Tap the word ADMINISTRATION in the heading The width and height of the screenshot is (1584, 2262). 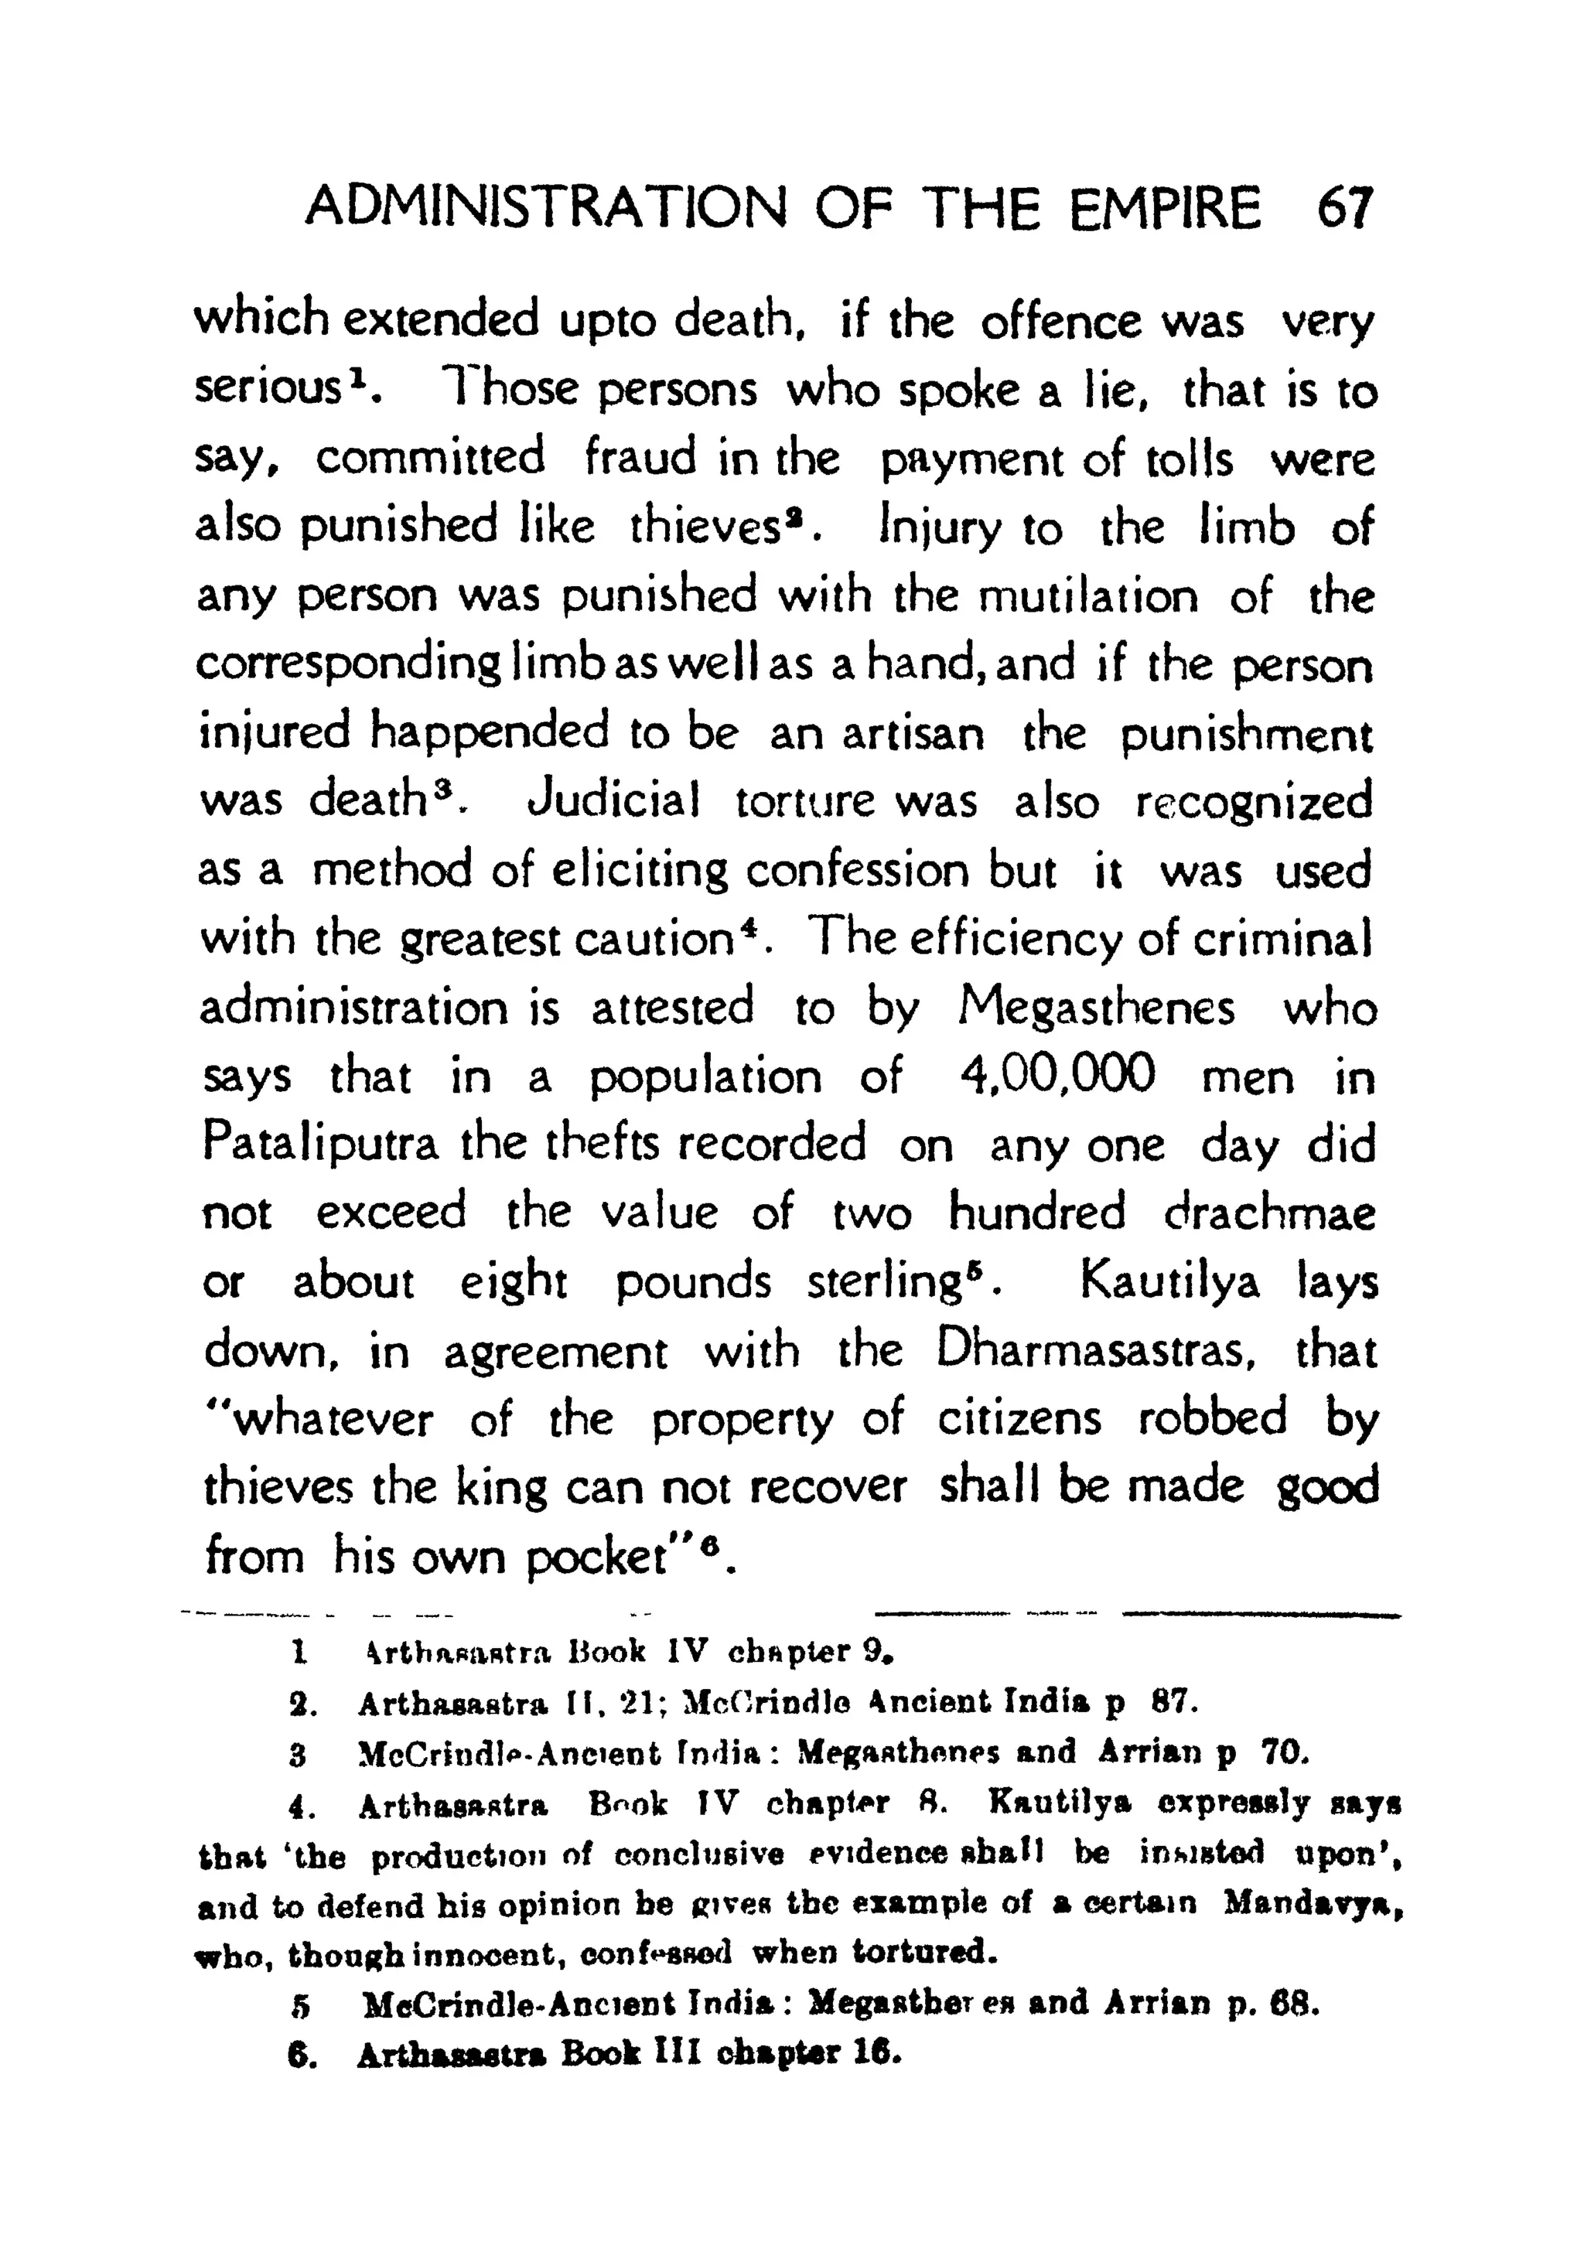[x=547, y=209]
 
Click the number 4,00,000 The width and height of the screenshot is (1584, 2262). [x=1056, y=1075]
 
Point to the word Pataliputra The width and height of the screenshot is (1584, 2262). [x=320, y=1145]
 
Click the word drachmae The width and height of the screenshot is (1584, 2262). [x=1268, y=1213]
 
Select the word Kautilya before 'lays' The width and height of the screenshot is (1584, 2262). [x=1169, y=1281]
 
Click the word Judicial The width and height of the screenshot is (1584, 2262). [x=613, y=801]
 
